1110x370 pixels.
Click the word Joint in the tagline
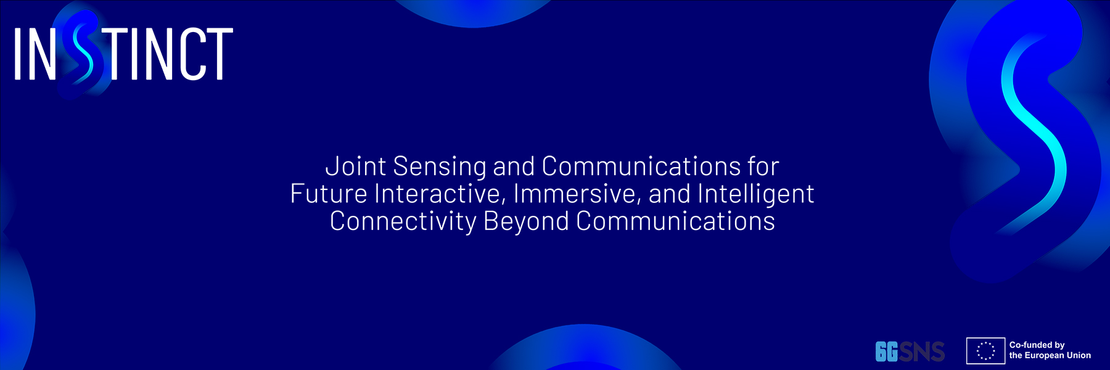pos(356,166)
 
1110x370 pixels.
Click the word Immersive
pos(577,194)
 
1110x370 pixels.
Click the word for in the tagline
pos(763,166)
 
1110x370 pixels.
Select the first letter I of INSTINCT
pos(17,54)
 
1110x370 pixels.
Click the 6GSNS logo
pos(910,351)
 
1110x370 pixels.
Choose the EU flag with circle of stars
pos(985,351)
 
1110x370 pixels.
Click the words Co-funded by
pos(1037,345)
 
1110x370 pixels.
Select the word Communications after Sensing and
pos(641,166)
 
